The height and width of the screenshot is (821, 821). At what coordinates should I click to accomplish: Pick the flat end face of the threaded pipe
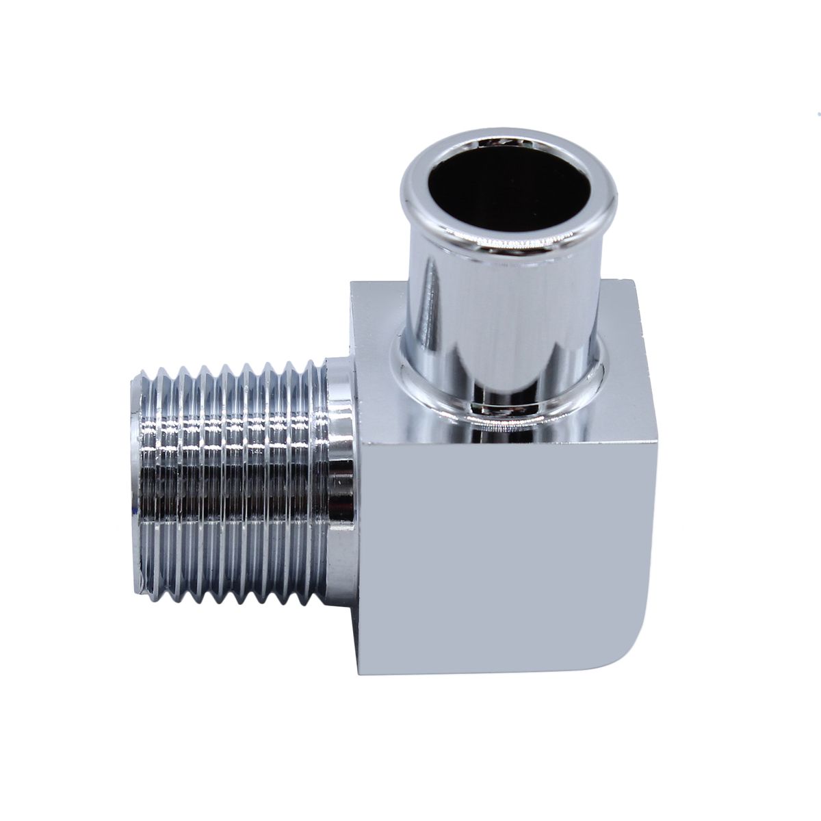pyautogui.click(x=135, y=479)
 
